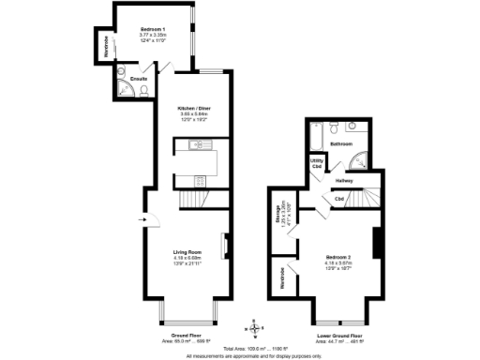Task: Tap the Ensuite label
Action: point(138,79)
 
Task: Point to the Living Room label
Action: point(187,252)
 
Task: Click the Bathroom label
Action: point(340,144)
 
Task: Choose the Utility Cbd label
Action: point(316,163)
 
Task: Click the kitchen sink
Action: point(197,143)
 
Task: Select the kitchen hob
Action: point(197,179)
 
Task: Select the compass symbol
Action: point(252,328)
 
